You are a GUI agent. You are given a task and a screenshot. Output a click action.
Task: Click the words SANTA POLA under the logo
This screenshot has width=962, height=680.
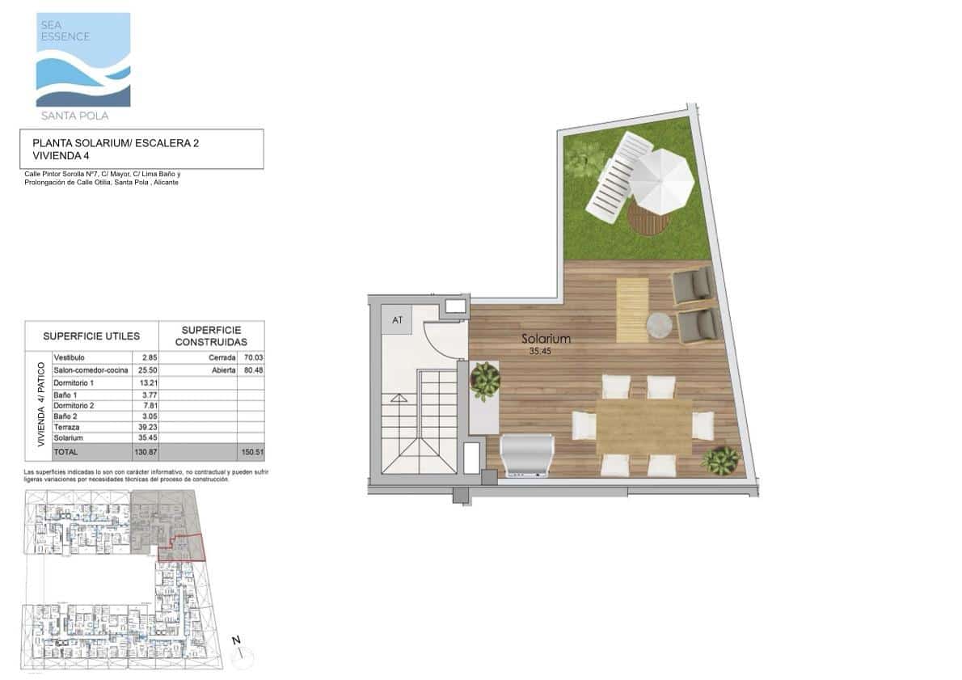(x=73, y=116)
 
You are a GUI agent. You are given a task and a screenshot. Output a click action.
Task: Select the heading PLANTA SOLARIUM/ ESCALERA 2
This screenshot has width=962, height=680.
(x=116, y=143)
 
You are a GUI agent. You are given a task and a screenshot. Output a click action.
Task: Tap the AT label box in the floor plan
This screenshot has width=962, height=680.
(x=397, y=320)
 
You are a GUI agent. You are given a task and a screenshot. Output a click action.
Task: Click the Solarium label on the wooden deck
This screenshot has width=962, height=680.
(x=546, y=340)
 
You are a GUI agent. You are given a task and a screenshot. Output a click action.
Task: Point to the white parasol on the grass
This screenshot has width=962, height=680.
(x=661, y=181)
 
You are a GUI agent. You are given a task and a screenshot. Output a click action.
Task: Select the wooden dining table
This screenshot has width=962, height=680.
(x=644, y=426)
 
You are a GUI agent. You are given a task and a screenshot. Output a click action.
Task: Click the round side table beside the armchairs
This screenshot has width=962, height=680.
(x=659, y=325)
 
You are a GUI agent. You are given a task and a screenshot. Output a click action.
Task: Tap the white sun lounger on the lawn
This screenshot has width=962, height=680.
(x=618, y=178)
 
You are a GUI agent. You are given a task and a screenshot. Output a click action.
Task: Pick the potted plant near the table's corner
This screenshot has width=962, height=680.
(x=719, y=461)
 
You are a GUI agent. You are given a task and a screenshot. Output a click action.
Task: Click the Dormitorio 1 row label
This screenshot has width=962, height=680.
(x=74, y=382)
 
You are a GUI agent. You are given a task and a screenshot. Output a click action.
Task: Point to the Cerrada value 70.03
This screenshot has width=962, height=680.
(x=254, y=357)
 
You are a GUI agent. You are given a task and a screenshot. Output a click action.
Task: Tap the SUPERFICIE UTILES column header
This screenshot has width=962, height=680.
(x=91, y=336)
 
